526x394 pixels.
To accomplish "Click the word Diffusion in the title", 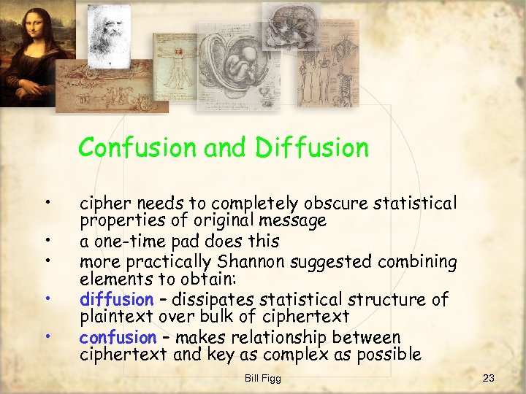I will pyautogui.click(x=312, y=148).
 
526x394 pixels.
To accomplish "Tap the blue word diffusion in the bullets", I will pyautogui.click(x=116, y=299).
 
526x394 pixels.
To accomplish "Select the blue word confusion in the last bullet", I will pyautogui.click(x=118, y=337).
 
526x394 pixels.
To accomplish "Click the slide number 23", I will pyautogui.click(x=489, y=377).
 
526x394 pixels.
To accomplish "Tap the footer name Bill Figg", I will pyautogui.click(x=262, y=377).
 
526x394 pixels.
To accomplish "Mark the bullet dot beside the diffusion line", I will pyautogui.click(x=47, y=298).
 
